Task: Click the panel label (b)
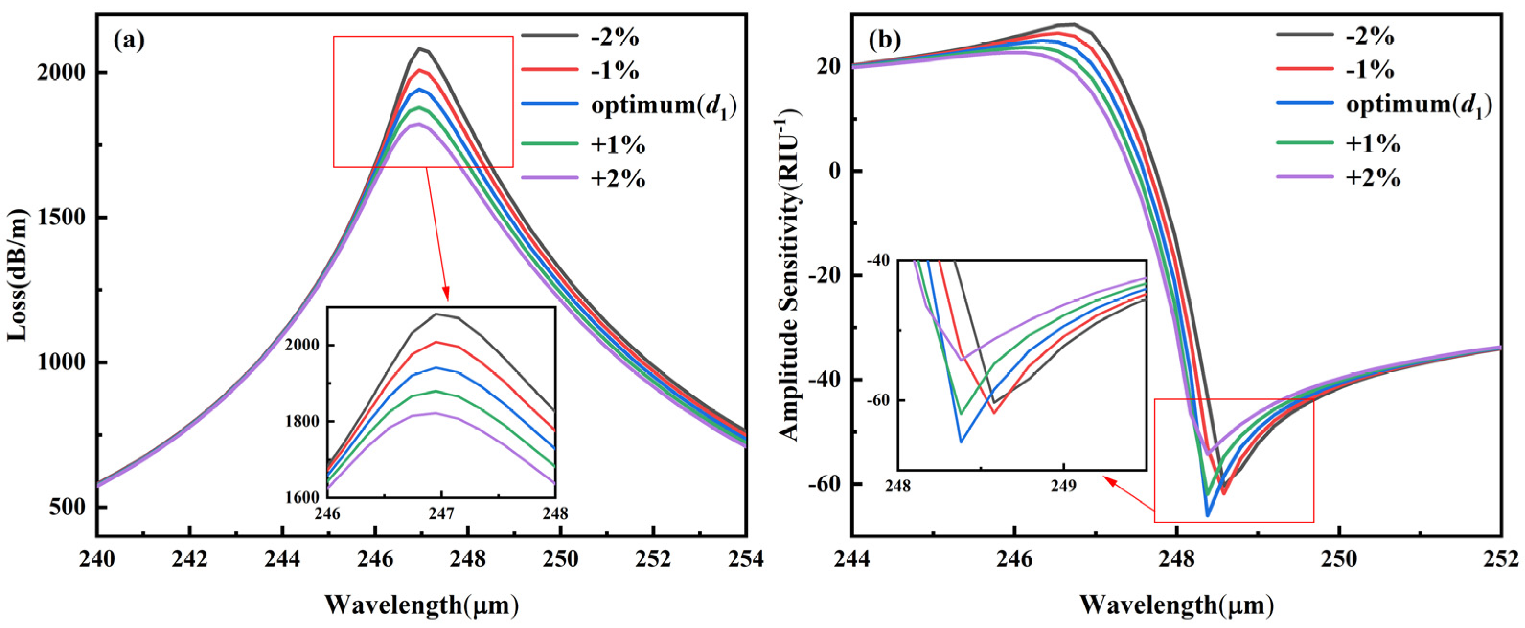click(884, 40)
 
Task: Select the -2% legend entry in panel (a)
click(615, 37)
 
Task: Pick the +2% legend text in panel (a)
click(618, 178)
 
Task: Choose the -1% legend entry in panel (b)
click(1370, 70)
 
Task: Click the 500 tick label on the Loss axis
click(69, 507)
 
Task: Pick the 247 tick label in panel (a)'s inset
click(440, 513)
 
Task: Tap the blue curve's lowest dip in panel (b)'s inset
click(961, 442)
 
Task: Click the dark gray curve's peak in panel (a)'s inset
click(436, 314)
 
